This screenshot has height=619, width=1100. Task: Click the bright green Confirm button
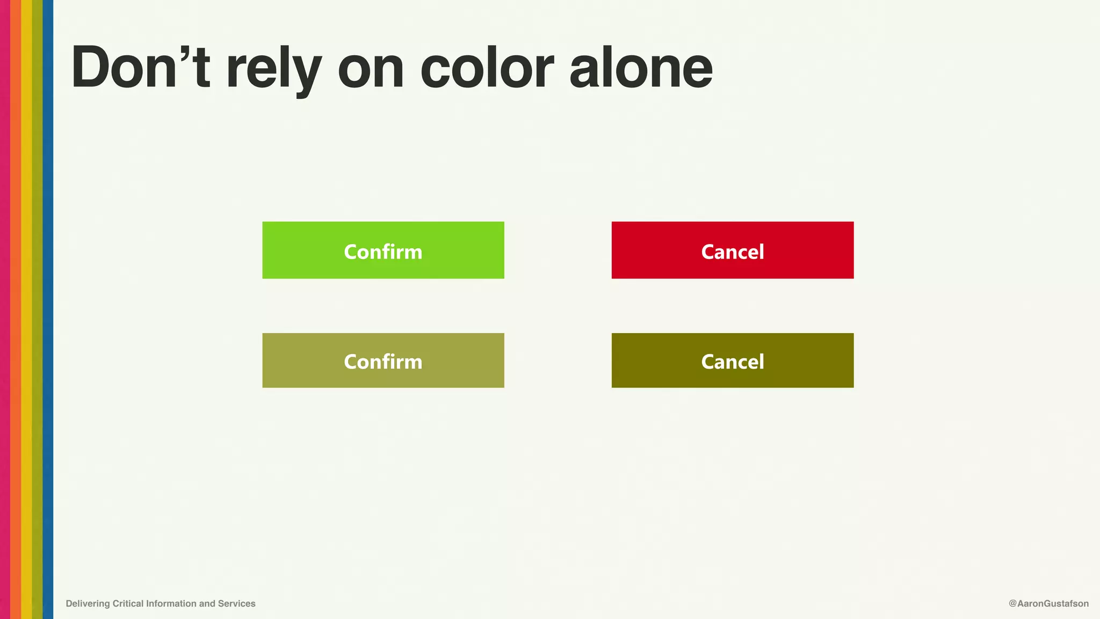pos(383,250)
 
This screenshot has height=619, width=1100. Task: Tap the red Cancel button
pos(732,250)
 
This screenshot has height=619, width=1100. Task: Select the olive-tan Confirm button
pos(383,361)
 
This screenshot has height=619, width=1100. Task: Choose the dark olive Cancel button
pos(732,361)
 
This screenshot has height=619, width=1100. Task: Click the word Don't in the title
pos(140,68)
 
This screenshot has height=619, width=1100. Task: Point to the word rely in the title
pos(273,70)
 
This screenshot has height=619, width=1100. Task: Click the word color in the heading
pos(487,68)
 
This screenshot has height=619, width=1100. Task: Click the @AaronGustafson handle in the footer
pos(1048,603)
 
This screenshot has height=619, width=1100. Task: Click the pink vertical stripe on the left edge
pos(5,309)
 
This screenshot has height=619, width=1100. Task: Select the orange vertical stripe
pos(16,309)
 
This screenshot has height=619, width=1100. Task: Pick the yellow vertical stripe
pos(26,309)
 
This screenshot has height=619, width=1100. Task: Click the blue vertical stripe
pos(48,309)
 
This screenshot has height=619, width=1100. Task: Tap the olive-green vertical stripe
pos(37,309)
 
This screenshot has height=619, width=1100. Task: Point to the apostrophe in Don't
pos(186,53)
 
